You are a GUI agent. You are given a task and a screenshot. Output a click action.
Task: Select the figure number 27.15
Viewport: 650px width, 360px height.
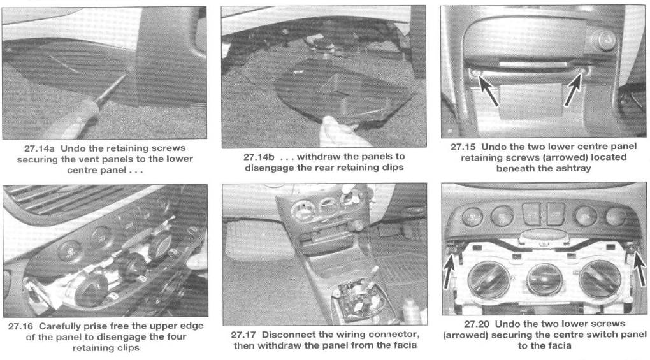pos(463,147)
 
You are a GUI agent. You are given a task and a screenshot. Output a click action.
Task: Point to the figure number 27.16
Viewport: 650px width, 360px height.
pos(21,326)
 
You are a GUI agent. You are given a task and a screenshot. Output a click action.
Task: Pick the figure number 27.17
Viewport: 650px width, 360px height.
pos(243,335)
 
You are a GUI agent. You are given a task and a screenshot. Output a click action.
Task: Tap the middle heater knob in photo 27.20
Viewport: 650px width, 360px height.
pos(545,279)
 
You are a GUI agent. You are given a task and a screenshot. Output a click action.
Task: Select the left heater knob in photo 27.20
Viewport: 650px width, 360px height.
pos(489,279)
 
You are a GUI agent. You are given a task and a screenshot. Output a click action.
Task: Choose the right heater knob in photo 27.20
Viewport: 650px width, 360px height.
pos(600,278)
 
